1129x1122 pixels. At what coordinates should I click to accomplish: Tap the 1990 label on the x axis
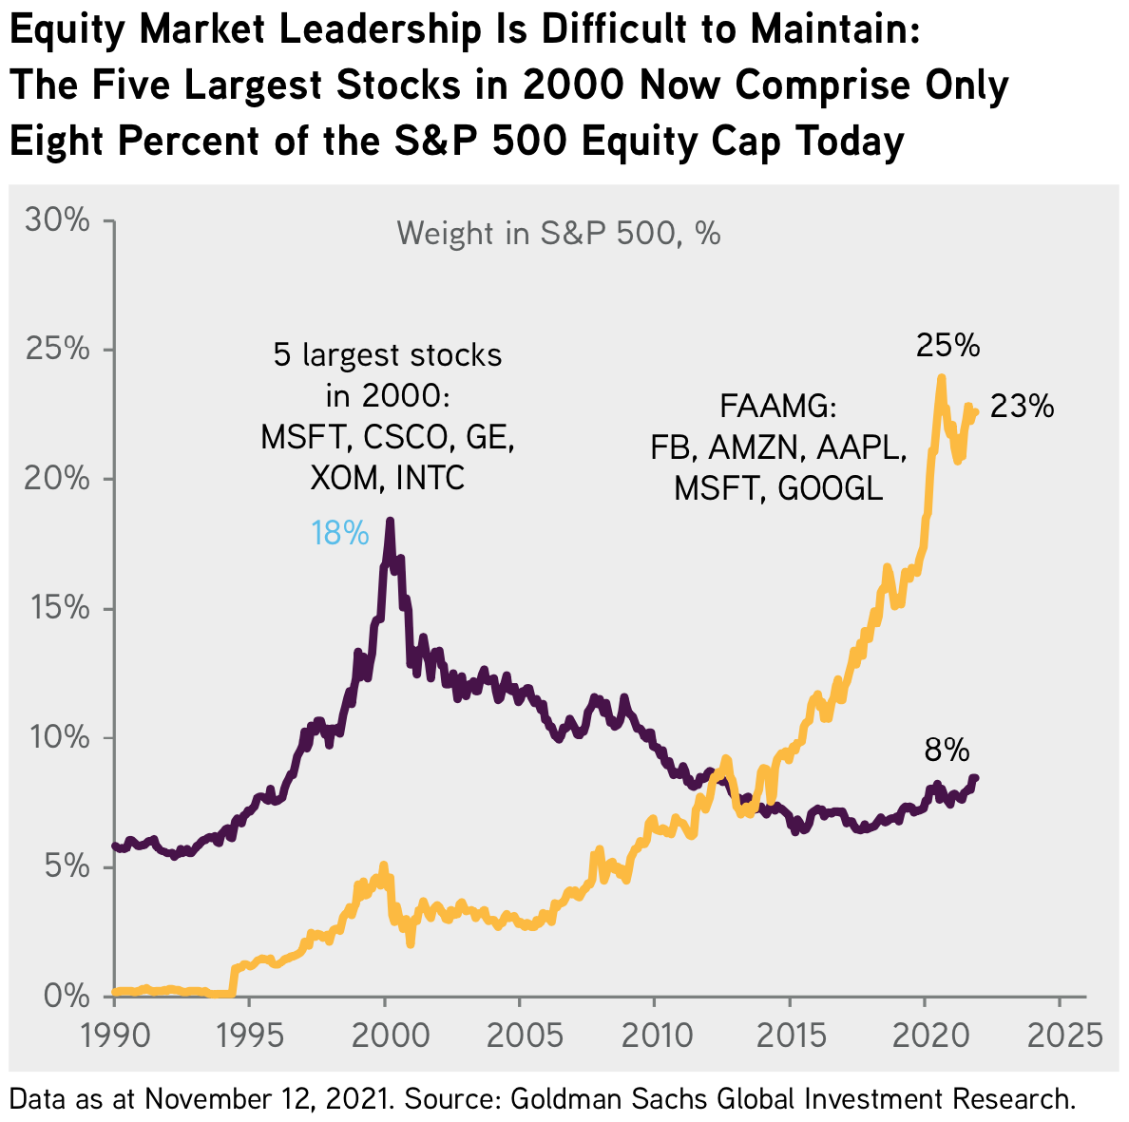coord(115,1034)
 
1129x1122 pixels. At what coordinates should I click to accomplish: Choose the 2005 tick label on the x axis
coord(520,1034)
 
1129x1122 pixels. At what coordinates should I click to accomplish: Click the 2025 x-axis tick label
coord(1060,1034)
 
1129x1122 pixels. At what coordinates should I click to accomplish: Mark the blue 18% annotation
coord(339,534)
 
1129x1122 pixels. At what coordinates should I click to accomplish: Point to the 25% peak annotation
coord(947,346)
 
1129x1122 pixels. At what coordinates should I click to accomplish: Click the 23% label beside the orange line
coord(1022,407)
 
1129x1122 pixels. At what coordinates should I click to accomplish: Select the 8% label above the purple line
coord(947,751)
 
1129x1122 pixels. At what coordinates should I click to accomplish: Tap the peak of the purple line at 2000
coord(390,522)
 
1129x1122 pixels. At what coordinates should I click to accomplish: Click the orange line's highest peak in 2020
coord(941,378)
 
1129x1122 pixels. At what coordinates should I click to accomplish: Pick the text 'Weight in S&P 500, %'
coord(559,234)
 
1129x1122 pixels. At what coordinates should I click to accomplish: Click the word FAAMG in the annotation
coord(777,407)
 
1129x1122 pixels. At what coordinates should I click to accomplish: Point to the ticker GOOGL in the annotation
coord(831,488)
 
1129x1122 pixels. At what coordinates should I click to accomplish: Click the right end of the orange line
coord(975,410)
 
